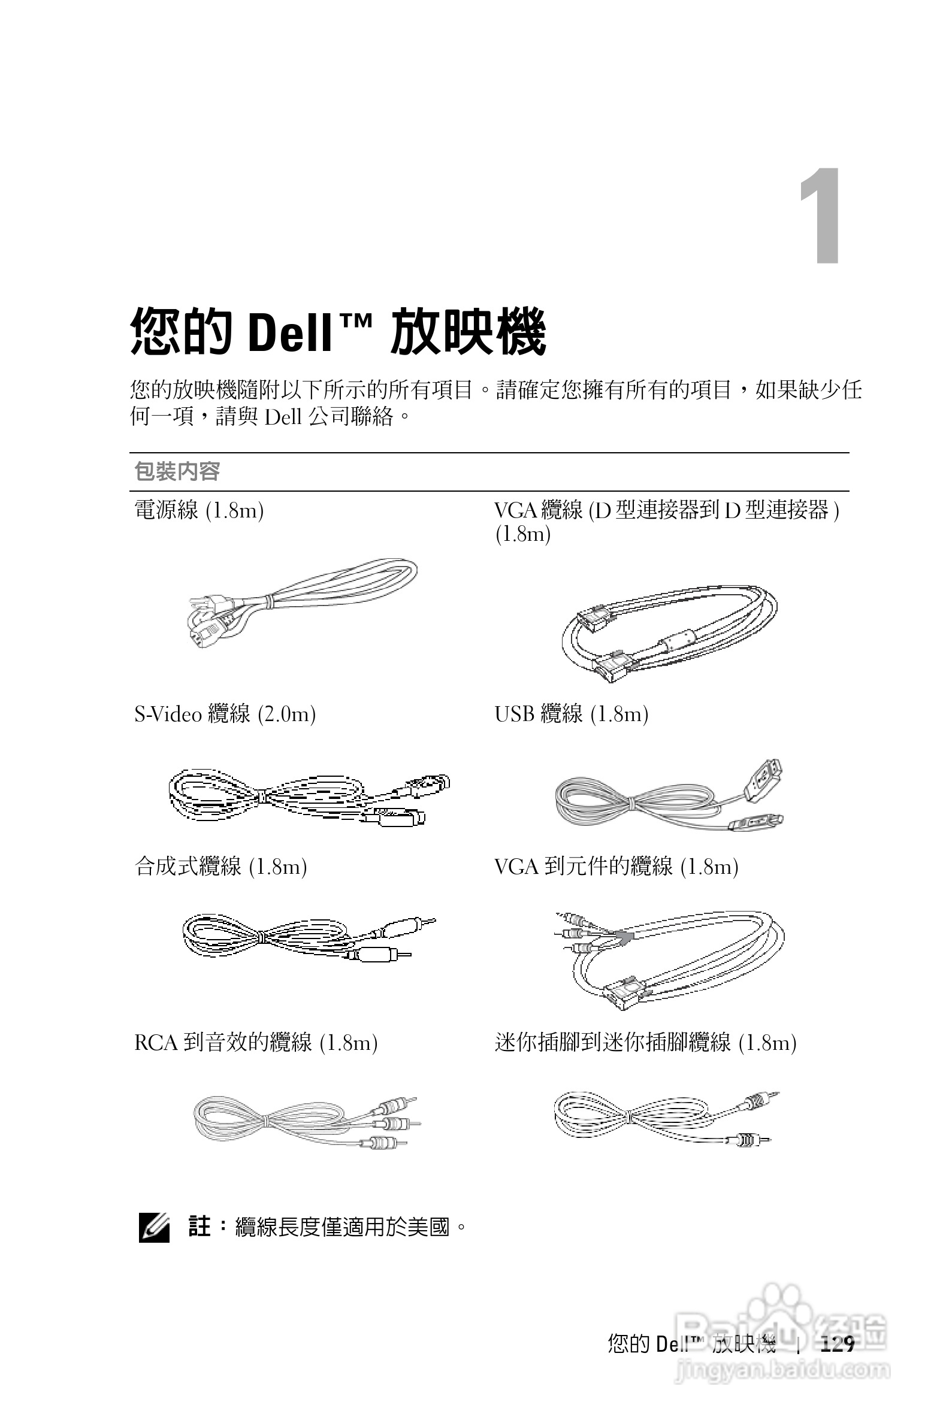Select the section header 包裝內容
point(177,471)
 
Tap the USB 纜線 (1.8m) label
point(572,714)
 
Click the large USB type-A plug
point(763,779)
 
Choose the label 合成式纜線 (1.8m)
point(221,867)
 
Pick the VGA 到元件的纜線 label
point(616,867)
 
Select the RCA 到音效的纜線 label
point(256,1043)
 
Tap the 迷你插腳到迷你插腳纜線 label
point(645,1043)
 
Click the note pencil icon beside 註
point(154,1228)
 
